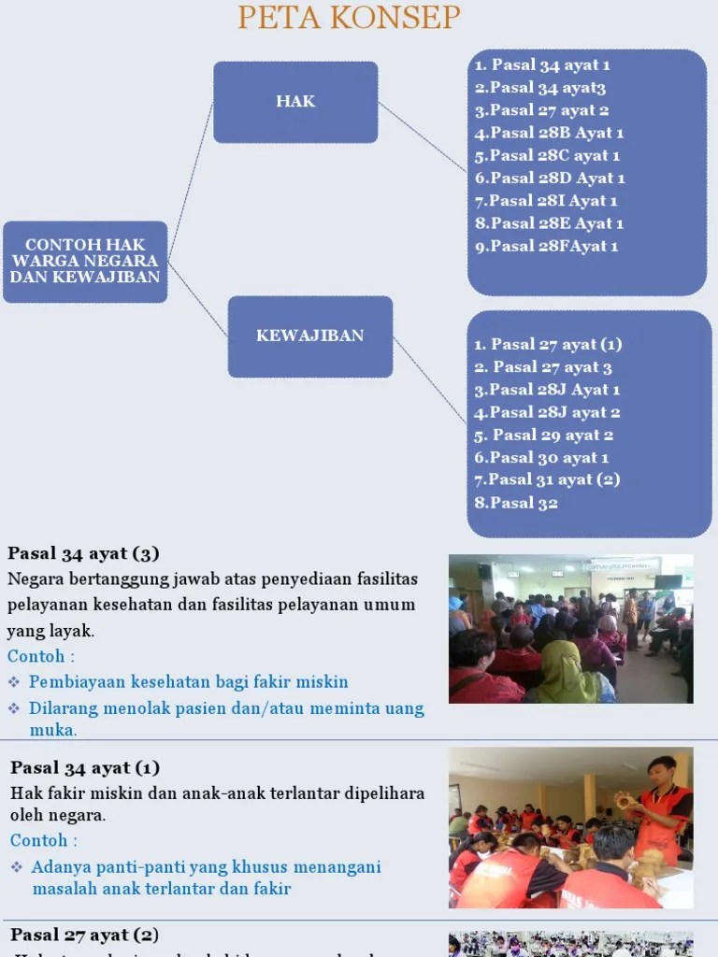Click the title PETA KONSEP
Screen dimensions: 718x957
point(349,17)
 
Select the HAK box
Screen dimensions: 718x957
point(295,102)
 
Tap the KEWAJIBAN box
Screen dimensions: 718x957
point(310,336)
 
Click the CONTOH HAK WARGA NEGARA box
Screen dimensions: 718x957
point(85,262)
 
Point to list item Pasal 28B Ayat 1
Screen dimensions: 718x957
point(549,133)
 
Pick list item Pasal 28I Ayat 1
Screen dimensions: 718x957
point(546,201)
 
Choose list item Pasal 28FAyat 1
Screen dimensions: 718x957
point(546,247)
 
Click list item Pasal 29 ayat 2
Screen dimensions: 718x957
point(544,435)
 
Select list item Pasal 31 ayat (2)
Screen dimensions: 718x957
point(547,479)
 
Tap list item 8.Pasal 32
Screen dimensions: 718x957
point(516,503)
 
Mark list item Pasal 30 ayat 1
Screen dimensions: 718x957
point(541,457)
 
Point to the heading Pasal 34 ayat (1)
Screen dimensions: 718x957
point(85,768)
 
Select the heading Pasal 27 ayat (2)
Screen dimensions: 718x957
point(84,935)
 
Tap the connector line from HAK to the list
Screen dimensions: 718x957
point(422,136)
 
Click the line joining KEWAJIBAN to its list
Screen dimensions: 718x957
point(429,379)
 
